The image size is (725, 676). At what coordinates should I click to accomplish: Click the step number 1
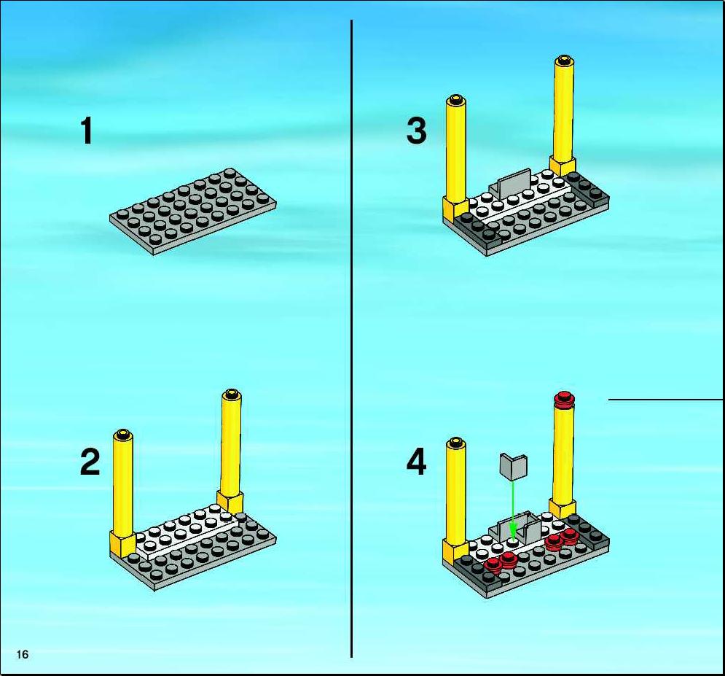tap(87, 131)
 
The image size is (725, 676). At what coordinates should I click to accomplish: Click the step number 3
tap(416, 131)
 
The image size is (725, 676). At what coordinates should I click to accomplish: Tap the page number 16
tap(22, 654)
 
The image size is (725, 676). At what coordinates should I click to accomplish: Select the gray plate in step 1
tap(193, 211)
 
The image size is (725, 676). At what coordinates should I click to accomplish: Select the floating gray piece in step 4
tap(514, 466)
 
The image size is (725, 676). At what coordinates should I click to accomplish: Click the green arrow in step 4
tap(512, 508)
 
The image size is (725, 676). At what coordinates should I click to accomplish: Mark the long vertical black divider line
tap(351, 338)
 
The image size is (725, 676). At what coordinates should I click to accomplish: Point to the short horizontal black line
tap(666, 400)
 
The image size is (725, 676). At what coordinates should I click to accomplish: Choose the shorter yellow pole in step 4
tap(456, 500)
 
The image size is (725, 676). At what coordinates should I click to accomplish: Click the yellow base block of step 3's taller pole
tap(563, 166)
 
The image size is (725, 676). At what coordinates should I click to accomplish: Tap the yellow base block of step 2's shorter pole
tap(122, 544)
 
